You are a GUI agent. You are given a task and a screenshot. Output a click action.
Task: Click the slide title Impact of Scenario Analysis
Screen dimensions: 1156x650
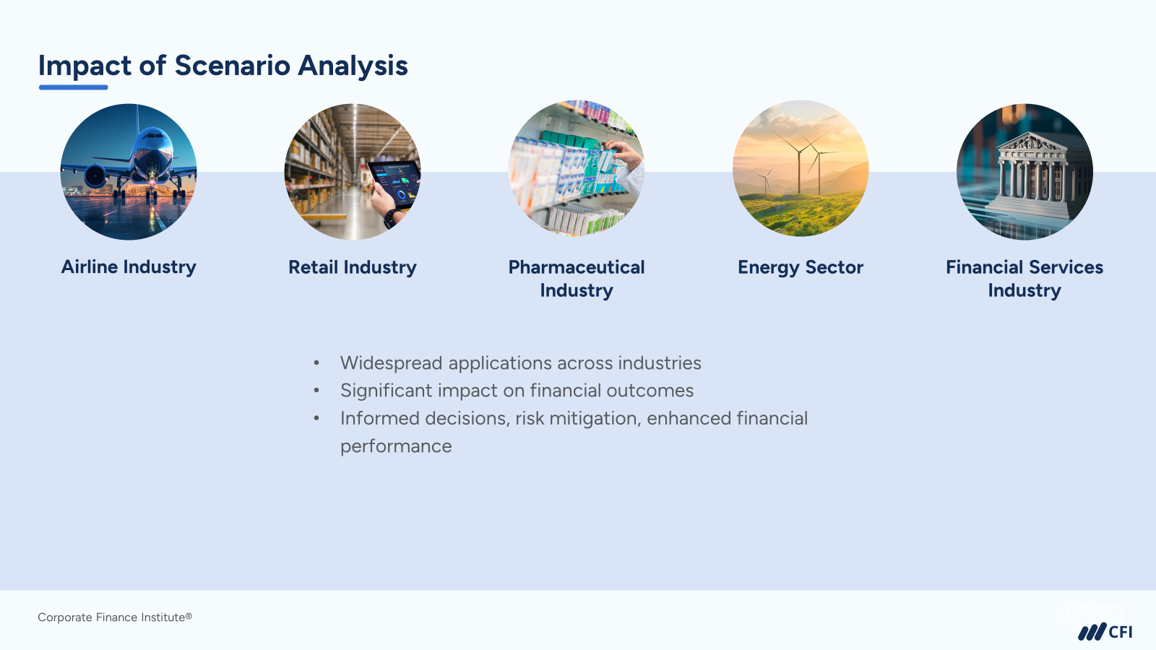tap(223, 66)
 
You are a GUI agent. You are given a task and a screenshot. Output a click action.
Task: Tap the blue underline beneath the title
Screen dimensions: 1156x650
tap(73, 87)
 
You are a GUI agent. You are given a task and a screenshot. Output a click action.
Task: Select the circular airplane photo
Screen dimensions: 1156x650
tap(129, 172)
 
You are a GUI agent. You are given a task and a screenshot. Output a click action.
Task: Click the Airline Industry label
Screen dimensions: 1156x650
tap(129, 267)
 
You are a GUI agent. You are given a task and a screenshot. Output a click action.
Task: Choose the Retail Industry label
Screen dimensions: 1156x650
tap(353, 267)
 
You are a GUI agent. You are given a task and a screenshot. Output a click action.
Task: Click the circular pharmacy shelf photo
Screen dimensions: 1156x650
tap(577, 168)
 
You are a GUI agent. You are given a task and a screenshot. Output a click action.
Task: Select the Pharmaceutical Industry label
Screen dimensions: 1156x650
tap(577, 279)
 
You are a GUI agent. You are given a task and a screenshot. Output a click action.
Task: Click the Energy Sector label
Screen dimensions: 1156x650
tap(801, 267)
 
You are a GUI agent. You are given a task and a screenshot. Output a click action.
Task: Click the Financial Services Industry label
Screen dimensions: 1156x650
tap(1025, 279)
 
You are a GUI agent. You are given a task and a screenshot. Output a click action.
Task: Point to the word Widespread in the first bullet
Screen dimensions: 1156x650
tap(391, 363)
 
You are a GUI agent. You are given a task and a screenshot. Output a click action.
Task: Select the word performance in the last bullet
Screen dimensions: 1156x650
tap(396, 446)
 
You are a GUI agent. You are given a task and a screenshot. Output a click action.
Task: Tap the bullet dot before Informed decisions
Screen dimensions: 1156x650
tap(316, 418)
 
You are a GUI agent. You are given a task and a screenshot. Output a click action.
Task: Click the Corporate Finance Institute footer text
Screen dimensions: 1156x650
tap(115, 617)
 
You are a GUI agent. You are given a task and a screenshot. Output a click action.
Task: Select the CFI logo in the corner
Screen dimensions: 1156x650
tap(1105, 632)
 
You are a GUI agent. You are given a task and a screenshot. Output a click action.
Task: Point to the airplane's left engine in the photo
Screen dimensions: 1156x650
tap(96, 176)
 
